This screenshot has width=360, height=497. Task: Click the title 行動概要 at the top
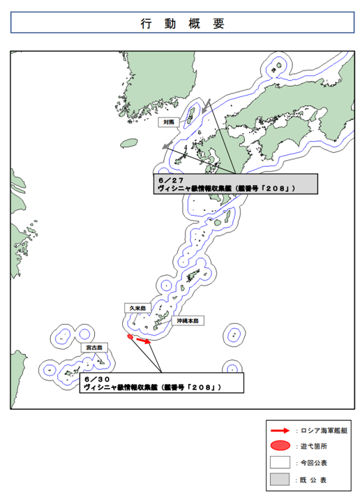pos(183,24)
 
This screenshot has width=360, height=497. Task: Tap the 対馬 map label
pos(169,122)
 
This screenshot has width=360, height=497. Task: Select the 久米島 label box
pos(137,308)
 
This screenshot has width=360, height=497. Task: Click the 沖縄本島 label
pos(188,321)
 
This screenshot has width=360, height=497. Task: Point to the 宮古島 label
pos(94,348)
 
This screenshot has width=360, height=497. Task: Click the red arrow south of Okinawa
pos(144,341)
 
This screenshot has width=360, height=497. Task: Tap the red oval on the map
pos(130,336)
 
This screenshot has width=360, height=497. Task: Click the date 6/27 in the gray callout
pos(171,180)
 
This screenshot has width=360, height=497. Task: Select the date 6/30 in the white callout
pos(97,380)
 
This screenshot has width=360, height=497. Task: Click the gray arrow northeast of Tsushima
pos(206,106)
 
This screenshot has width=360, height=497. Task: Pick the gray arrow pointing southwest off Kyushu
pos(167,145)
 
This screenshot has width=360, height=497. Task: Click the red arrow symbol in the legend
pos(280,431)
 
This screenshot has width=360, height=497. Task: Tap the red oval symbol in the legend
pos(280,445)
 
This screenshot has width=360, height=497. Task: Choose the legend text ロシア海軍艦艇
pos(324,431)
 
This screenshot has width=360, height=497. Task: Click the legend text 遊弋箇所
pos(314,446)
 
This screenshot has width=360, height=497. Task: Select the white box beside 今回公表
pos(280,462)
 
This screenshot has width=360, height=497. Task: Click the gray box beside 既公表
pos(280,480)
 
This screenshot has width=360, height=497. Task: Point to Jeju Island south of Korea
pos(129,143)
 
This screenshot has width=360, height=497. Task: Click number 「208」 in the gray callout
pos(278,188)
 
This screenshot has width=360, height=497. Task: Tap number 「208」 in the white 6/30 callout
pos(204,387)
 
